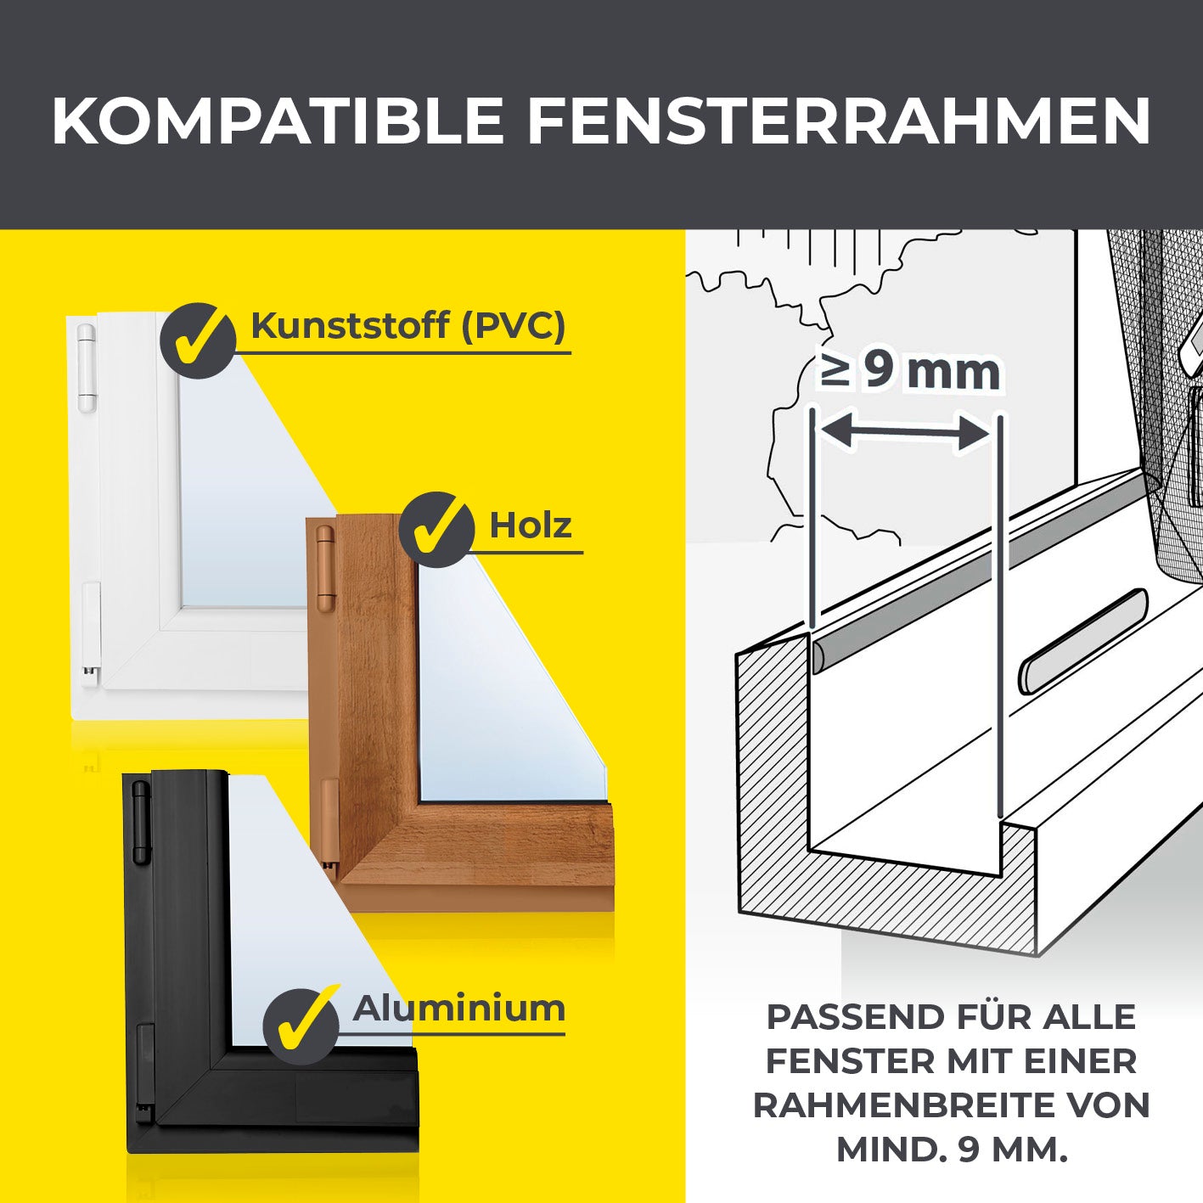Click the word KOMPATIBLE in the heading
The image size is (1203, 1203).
pyautogui.click(x=278, y=121)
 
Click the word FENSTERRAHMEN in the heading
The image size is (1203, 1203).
pyautogui.click(x=839, y=121)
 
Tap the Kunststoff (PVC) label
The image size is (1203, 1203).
pyautogui.click(x=408, y=325)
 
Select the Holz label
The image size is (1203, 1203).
pyautogui.click(x=531, y=526)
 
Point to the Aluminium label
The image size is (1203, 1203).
pyautogui.click(x=458, y=1009)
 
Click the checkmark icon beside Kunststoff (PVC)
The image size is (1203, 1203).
pyautogui.click(x=198, y=340)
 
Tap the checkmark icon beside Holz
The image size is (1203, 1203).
pyautogui.click(x=436, y=530)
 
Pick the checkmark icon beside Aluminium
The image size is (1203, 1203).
pyautogui.click(x=301, y=1026)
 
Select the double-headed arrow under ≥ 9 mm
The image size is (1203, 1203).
pyautogui.click(x=907, y=432)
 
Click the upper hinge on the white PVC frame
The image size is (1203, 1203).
pyautogui.click(x=87, y=368)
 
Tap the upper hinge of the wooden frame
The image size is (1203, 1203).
pyautogui.click(x=325, y=568)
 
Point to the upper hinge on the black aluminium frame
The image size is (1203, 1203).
pyautogui.click(x=140, y=822)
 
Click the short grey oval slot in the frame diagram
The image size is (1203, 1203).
pyautogui.click(x=1083, y=641)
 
